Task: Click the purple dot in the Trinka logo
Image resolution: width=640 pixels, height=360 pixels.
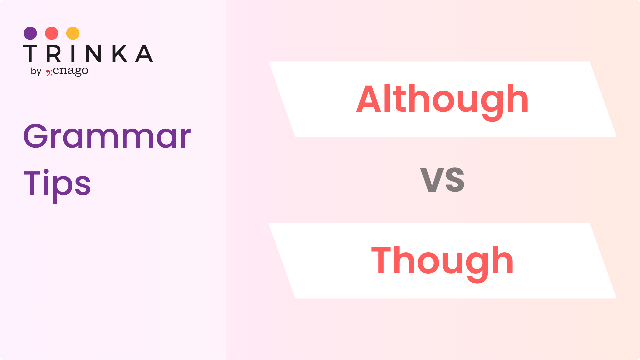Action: pyautogui.click(x=30, y=33)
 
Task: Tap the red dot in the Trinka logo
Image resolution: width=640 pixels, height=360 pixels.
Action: pyautogui.click(x=52, y=33)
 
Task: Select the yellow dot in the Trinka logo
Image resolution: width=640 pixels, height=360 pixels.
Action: pyautogui.click(x=73, y=33)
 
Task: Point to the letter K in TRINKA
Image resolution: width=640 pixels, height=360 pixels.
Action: pyautogui.click(x=119, y=53)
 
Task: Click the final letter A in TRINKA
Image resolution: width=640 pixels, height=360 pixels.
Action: pyautogui.click(x=144, y=53)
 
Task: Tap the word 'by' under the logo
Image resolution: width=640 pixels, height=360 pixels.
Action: pyautogui.click(x=36, y=71)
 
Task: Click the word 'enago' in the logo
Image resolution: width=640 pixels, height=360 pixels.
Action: pyautogui.click(x=71, y=71)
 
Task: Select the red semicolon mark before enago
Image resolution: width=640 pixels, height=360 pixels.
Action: pyautogui.click(x=49, y=72)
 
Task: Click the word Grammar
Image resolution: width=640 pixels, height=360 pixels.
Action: pyautogui.click(x=107, y=136)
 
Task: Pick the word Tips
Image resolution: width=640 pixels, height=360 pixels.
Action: pyautogui.click(x=57, y=185)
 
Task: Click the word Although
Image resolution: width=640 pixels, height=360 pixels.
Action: pyautogui.click(x=442, y=102)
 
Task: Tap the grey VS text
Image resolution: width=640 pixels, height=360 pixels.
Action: pyautogui.click(x=442, y=180)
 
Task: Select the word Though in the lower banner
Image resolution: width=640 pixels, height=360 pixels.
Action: pyautogui.click(x=442, y=263)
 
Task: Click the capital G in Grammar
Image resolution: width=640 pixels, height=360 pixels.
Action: pyautogui.click(x=36, y=136)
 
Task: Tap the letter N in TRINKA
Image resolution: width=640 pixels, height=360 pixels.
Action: pyautogui.click(x=93, y=53)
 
